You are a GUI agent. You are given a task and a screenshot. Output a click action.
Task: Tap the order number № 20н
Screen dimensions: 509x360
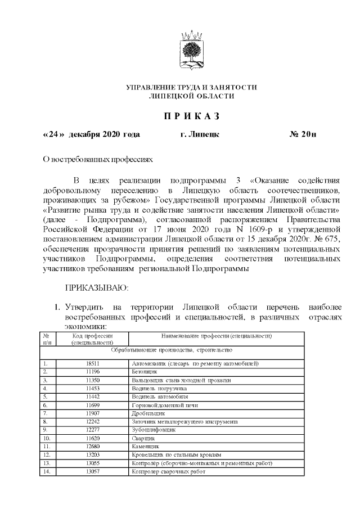[303, 135]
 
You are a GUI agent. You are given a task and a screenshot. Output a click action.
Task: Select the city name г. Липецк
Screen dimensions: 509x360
[200, 135]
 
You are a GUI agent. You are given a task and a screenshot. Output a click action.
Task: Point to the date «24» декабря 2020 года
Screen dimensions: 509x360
[92, 135]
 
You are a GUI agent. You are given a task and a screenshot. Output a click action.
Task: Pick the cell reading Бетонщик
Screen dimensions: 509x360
[144, 372]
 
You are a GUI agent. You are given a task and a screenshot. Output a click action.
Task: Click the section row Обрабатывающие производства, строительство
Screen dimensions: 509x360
[172, 350]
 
